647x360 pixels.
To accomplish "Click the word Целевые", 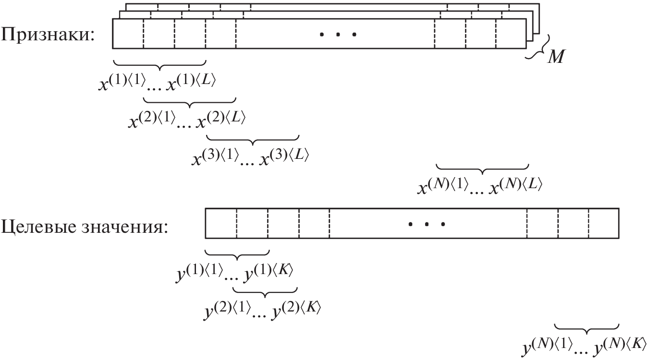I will click(36, 225).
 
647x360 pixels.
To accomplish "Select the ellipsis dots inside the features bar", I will click(338, 34).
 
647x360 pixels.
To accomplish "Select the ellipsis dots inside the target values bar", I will click(427, 224).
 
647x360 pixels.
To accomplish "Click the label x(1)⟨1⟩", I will click(121, 83).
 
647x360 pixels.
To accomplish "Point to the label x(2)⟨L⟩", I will click(221, 119).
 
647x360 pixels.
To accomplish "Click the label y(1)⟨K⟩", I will click(269, 273).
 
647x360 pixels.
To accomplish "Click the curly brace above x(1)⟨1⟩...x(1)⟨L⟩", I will click(159, 64).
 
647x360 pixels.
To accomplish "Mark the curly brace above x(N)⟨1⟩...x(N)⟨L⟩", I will click(482, 168).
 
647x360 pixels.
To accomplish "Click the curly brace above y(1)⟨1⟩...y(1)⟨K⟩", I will click(237, 254).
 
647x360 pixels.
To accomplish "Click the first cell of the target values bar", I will click(220, 224).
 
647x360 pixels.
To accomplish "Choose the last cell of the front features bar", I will click(511, 34).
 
